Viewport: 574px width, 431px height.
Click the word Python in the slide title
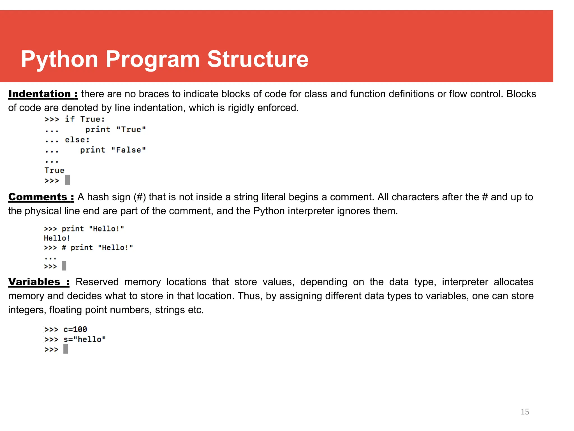pos(59,59)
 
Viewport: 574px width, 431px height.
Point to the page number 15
pos(525,412)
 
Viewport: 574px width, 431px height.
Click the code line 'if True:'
pos(85,119)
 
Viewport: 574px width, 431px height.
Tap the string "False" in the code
pos(128,150)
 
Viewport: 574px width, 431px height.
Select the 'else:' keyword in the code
pos(77,140)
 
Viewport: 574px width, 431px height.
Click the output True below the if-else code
pos(54,170)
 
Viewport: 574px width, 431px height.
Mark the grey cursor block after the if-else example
pos(67,180)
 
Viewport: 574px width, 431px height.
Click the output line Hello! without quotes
pos(57,238)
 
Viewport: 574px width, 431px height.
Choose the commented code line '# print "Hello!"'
pos(97,247)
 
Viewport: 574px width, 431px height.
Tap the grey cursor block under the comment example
pos(64,266)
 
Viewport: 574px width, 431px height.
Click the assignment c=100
pos(75,329)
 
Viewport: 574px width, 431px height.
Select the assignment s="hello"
pos(85,339)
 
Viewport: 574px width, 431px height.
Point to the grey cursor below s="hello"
pos(66,349)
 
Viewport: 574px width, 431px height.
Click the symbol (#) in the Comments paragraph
pos(140,197)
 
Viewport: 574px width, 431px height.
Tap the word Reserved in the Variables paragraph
pos(97,282)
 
